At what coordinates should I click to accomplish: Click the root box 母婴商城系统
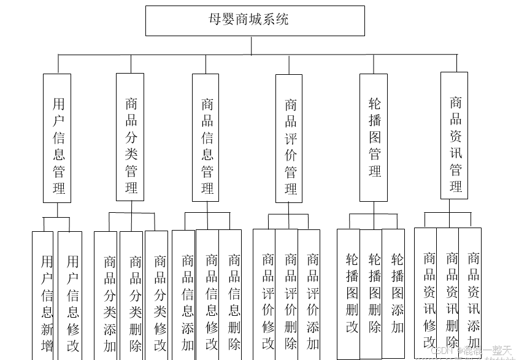[x=255, y=20]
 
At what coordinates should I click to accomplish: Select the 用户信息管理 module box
[x=57, y=138]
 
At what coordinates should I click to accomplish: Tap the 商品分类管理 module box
[x=130, y=137]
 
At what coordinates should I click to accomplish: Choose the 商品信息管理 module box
[x=206, y=137]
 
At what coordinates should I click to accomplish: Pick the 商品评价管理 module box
[x=289, y=138]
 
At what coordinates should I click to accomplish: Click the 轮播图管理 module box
[x=373, y=137]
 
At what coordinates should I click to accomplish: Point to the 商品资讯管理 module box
[x=454, y=136]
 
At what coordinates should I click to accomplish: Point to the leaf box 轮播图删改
[x=348, y=293]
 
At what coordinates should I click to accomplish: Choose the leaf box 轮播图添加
[x=393, y=293]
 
